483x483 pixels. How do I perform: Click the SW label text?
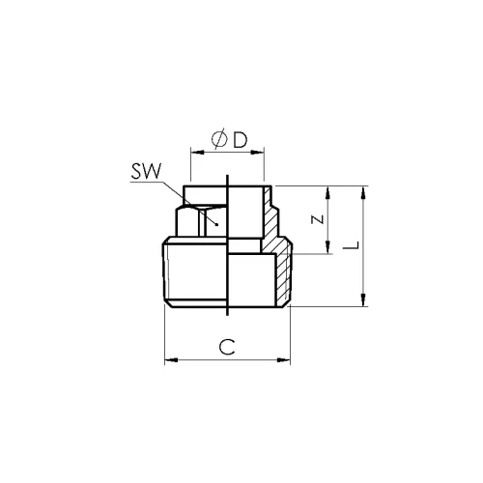146,172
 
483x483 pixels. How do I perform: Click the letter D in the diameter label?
241,140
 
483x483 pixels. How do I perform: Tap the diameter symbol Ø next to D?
219,139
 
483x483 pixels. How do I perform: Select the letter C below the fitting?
227,347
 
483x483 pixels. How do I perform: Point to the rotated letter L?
351,245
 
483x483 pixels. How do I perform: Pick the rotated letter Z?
318,219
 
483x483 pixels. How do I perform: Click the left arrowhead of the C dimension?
171,359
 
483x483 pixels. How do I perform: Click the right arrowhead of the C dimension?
284,359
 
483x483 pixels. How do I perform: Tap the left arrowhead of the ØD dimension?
197,152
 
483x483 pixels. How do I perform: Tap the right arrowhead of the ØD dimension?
258,152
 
